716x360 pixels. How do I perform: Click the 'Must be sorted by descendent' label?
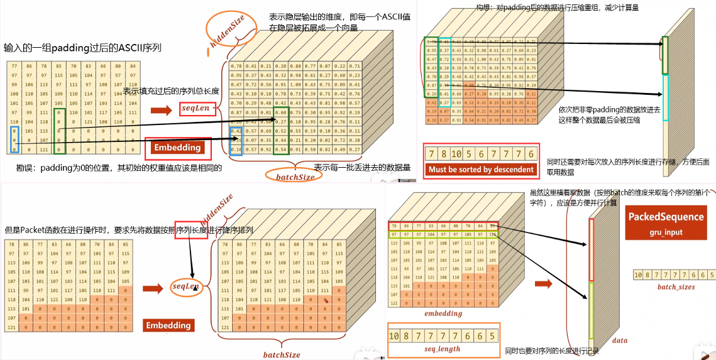(x=481, y=169)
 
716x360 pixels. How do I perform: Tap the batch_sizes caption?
(x=676, y=286)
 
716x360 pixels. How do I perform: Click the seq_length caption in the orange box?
(x=443, y=349)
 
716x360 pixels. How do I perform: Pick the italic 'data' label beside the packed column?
(x=619, y=340)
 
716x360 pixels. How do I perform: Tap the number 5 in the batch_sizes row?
(x=712, y=275)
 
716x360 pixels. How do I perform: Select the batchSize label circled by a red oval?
(x=295, y=177)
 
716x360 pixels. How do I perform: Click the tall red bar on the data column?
(x=591, y=249)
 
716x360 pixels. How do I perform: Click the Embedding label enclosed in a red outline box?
(x=177, y=148)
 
